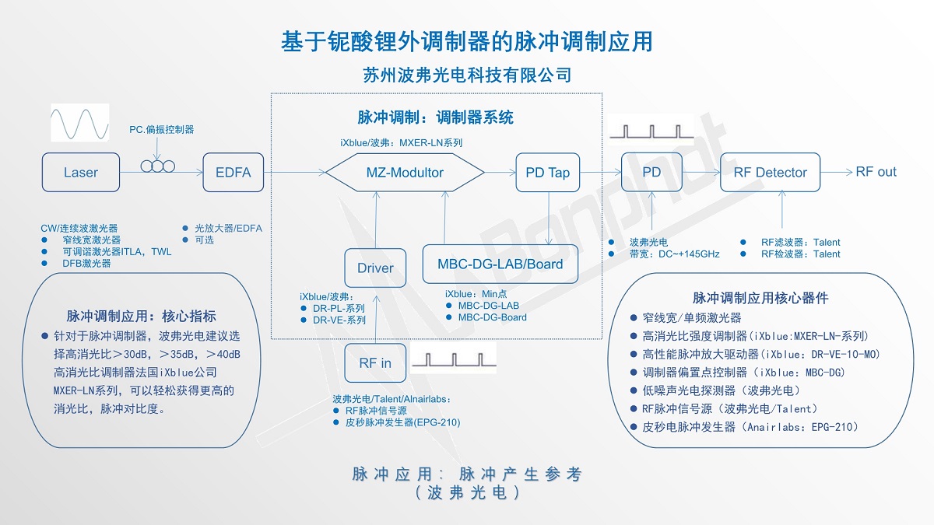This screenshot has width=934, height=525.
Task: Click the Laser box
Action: (x=81, y=173)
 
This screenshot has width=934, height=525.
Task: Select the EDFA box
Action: (x=233, y=173)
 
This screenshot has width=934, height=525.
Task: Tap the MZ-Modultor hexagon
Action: (x=405, y=173)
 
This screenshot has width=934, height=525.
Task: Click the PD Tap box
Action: (x=548, y=173)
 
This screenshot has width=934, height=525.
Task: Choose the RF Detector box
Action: (x=771, y=173)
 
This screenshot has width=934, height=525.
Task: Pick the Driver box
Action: (x=375, y=268)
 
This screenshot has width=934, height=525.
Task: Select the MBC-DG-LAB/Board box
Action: (x=500, y=264)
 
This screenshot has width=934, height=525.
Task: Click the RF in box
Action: (x=375, y=363)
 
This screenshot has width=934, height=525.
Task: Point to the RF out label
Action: (x=876, y=172)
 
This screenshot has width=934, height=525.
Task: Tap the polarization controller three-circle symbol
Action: (x=158, y=166)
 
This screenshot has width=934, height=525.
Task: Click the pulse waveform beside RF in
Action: (x=453, y=361)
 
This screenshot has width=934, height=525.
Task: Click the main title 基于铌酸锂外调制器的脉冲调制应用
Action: (x=466, y=41)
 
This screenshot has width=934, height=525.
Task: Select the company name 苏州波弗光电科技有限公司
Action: (x=467, y=75)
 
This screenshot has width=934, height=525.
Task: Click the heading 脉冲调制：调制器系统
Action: (x=436, y=118)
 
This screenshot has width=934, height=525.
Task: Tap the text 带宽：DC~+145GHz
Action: (x=674, y=254)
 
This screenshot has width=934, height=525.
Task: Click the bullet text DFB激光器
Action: (x=86, y=264)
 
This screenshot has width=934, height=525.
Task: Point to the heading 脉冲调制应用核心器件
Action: (x=750, y=298)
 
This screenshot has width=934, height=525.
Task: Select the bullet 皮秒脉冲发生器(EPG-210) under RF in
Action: (x=402, y=423)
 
